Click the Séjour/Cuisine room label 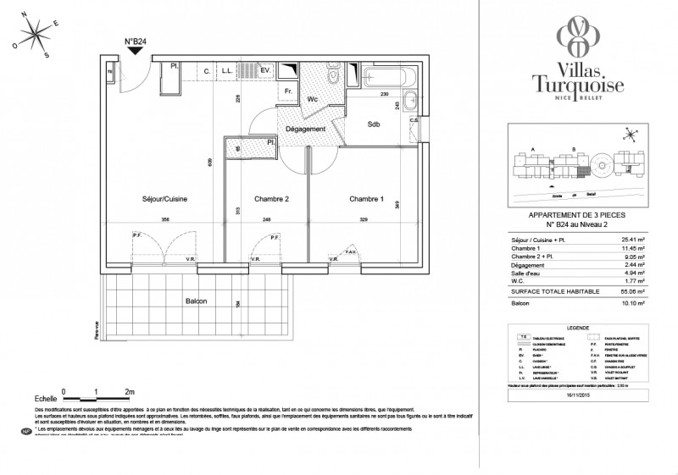coord(165,199)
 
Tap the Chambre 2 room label coord(272,199)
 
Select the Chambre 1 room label coord(367,199)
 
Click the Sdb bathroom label coord(373,125)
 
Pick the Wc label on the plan coord(313,99)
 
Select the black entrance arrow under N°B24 coord(136,52)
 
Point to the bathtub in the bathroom coord(386,78)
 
